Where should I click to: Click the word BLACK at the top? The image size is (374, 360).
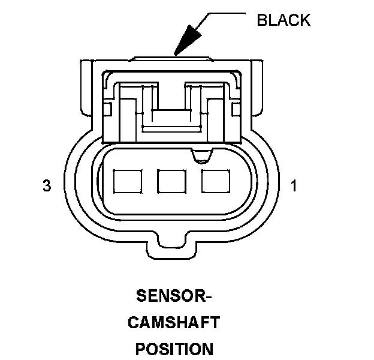(x=283, y=20)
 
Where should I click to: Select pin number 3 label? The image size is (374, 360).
(x=47, y=187)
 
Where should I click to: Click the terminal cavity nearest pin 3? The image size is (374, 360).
(x=126, y=181)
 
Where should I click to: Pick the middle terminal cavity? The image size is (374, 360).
(x=170, y=181)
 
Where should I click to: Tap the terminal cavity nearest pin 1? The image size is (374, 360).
(x=214, y=181)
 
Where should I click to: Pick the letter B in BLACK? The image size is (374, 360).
(x=261, y=20)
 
